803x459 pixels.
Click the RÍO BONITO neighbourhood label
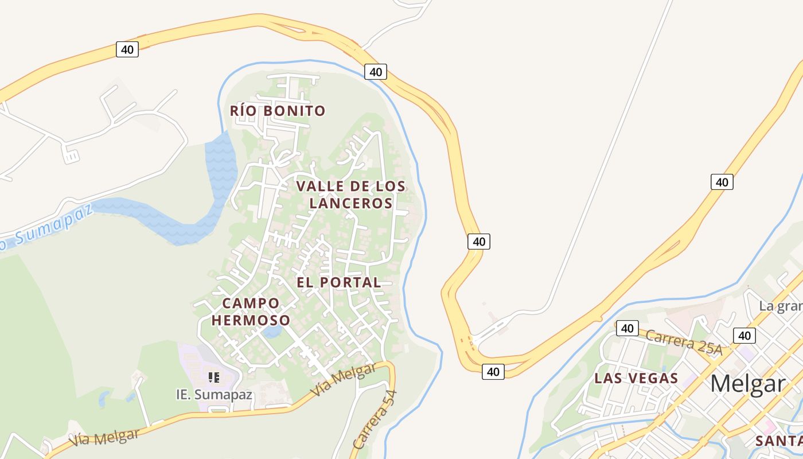pos(278,111)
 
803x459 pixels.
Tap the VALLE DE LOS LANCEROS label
pos(350,195)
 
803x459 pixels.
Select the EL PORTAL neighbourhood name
pos(338,282)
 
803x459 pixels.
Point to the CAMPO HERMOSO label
pos(251,312)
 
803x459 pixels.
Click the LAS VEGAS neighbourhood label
pos(636,379)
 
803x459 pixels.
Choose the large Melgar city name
pos(747,383)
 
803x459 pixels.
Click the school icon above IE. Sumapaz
pos(214,378)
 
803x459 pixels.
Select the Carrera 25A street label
pos(683,341)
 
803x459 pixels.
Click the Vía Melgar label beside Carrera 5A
pos(343,380)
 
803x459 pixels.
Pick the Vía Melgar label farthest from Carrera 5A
pos(104,438)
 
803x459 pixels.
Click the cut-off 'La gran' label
pos(780,306)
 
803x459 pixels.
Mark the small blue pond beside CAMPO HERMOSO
pos(272,332)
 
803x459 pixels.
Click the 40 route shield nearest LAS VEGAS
pos(627,328)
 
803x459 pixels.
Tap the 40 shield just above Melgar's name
pos(744,336)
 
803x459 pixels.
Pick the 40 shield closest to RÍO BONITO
pos(375,72)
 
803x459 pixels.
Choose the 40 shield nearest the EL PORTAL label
pos(478,242)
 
